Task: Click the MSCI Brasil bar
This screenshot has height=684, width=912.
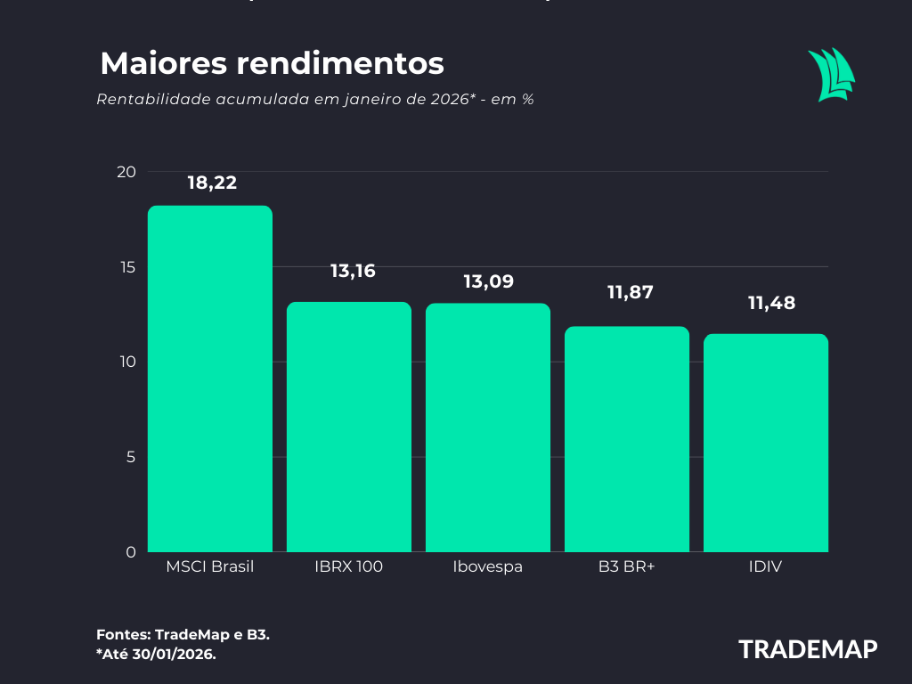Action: click(x=209, y=379)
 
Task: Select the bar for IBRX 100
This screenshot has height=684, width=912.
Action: click(x=348, y=427)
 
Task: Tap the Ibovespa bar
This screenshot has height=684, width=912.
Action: click(x=487, y=427)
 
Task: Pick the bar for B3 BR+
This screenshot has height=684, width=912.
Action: click(x=626, y=439)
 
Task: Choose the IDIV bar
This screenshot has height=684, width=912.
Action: click(x=765, y=443)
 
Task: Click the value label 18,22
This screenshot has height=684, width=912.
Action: click(x=212, y=183)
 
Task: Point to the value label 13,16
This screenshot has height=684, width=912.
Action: click(x=353, y=271)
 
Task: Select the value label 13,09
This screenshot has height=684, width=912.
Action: click(x=488, y=281)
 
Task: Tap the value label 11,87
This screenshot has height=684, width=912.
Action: click(x=630, y=292)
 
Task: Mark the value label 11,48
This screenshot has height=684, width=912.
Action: click(x=771, y=303)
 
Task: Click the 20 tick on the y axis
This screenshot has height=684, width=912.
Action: click(x=126, y=172)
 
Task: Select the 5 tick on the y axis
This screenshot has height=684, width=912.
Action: click(x=131, y=457)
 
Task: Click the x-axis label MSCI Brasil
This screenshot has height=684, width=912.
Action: click(x=210, y=566)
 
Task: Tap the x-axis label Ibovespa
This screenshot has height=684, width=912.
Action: click(x=487, y=566)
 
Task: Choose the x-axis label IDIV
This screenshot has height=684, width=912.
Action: click(x=765, y=566)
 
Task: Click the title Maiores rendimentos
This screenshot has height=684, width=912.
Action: click(x=272, y=63)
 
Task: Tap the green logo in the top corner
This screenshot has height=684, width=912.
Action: click(x=831, y=75)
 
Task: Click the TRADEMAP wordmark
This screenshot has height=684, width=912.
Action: click(x=808, y=649)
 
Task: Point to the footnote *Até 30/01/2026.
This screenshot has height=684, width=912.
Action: click(x=156, y=654)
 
